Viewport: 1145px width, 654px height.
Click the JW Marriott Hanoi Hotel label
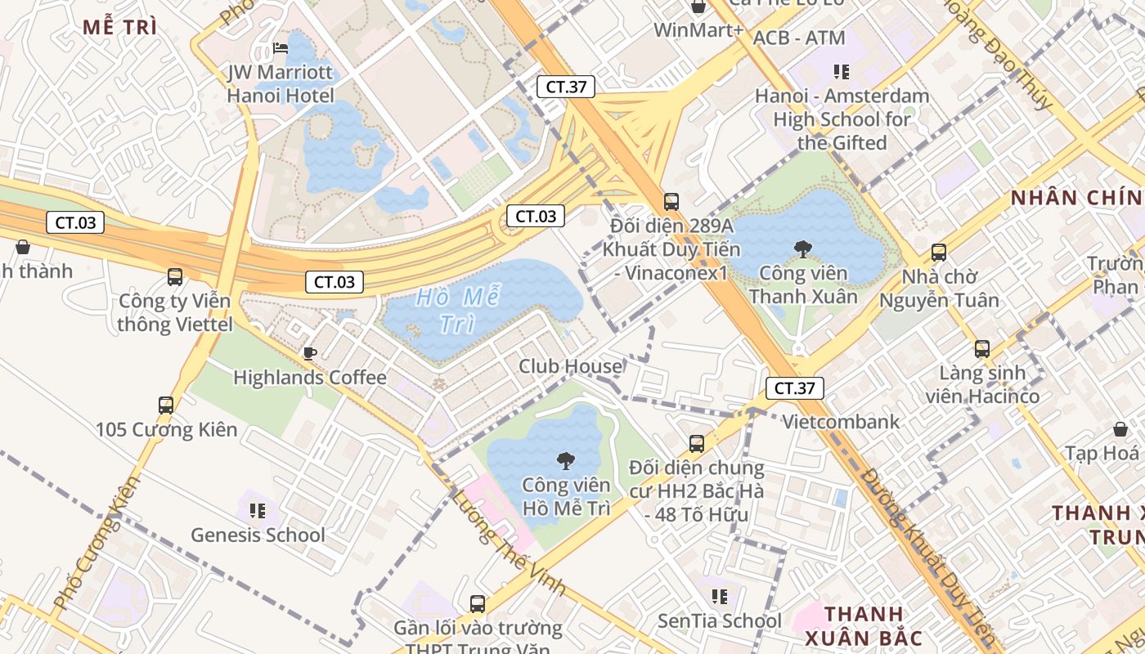coord(281,84)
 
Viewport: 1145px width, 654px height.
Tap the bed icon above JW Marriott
coord(281,48)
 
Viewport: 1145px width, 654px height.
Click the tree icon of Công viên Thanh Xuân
coord(803,249)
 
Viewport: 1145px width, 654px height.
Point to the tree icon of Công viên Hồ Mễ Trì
coord(565,461)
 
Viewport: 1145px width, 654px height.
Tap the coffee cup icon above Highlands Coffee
coord(309,353)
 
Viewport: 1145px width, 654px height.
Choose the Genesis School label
coord(258,535)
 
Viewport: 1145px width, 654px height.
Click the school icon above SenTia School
coord(720,597)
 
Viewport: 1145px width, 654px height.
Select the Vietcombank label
coord(841,422)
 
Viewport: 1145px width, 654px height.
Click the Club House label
coord(570,366)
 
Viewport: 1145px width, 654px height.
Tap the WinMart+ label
coord(698,30)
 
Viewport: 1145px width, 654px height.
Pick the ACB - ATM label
coord(798,38)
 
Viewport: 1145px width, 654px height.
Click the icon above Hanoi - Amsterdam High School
coord(841,71)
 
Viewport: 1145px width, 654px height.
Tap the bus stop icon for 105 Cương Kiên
coord(166,405)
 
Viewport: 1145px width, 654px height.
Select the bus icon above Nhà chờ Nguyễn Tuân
coord(939,253)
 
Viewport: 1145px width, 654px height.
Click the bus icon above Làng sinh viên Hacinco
coord(982,349)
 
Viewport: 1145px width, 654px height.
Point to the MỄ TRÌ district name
coord(120,26)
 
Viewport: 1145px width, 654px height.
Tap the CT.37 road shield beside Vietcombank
coord(794,388)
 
